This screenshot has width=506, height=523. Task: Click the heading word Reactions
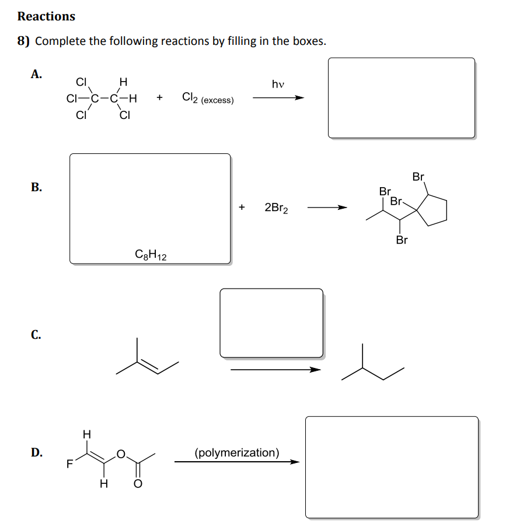(x=46, y=16)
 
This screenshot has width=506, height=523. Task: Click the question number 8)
(x=25, y=41)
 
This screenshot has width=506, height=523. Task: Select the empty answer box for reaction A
(x=401, y=97)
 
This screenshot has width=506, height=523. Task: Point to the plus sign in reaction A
(x=159, y=98)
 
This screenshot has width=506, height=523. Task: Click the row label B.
(x=36, y=187)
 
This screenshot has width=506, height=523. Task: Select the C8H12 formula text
(x=151, y=254)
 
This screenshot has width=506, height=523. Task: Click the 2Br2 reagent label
(x=276, y=208)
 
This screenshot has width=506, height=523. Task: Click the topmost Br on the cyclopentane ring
(x=418, y=176)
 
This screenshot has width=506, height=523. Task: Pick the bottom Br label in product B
(x=402, y=240)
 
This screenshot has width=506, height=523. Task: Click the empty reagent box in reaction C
(x=271, y=322)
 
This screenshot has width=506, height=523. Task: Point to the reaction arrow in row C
(x=275, y=369)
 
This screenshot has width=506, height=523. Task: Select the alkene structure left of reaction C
(x=145, y=359)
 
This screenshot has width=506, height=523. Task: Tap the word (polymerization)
(x=236, y=452)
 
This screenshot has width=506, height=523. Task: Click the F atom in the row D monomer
(x=69, y=465)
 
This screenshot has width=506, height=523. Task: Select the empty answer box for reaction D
(x=392, y=466)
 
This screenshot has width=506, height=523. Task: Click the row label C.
(x=36, y=335)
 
